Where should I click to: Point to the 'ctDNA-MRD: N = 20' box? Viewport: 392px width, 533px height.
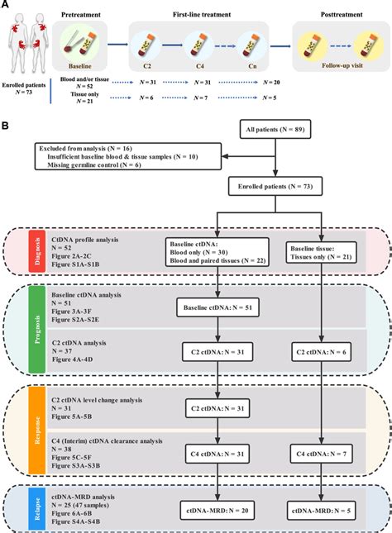click(217, 512)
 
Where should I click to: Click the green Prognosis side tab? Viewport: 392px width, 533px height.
click(36, 331)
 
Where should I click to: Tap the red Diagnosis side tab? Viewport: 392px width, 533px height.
click(36, 258)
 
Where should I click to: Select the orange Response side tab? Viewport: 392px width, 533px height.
click(36, 430)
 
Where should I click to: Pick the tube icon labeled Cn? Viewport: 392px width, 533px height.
click(252, 45)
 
